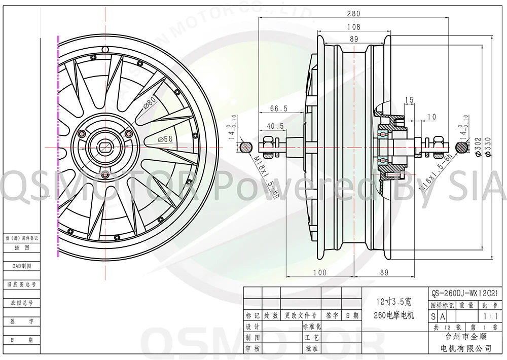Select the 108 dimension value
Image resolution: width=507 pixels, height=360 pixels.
pos(354,27)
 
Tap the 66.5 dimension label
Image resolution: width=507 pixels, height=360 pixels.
pos(279,109)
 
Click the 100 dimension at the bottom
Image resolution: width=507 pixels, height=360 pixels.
pos(319,272)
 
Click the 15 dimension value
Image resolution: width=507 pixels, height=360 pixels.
pos(410,100)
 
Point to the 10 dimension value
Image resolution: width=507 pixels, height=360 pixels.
pos(431,118)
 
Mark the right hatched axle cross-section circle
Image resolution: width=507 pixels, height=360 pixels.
pos(462,147)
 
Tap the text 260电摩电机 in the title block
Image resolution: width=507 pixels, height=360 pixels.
pos(394,315)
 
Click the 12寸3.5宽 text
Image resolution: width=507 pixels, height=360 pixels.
pos(393,300)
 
